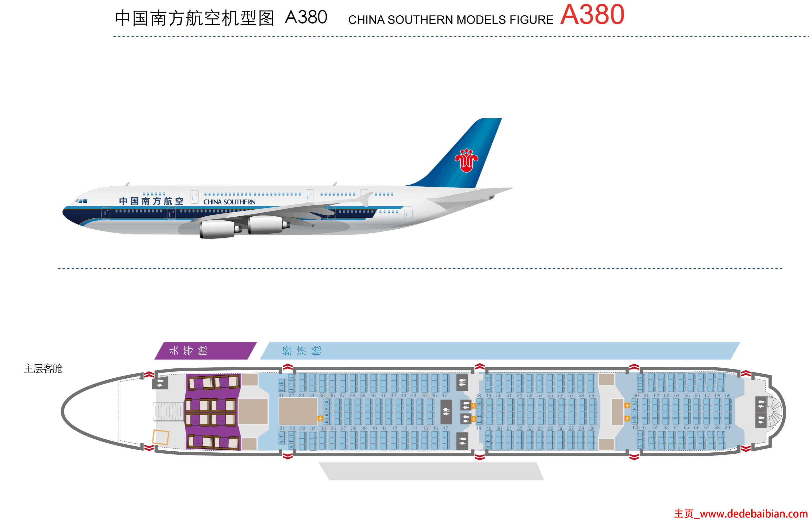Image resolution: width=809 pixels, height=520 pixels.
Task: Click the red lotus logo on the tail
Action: (466, 160)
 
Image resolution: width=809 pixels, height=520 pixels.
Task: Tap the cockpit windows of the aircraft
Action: (81, 201)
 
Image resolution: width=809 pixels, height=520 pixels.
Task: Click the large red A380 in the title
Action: (592, 15)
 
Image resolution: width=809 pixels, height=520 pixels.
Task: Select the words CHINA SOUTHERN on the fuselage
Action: (229, 202)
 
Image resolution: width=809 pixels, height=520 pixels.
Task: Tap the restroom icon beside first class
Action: (160, 383)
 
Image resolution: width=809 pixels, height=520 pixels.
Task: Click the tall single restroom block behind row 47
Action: (446, 412)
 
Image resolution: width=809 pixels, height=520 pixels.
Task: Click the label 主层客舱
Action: (43, 368)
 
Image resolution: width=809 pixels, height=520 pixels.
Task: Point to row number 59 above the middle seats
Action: (591, 395)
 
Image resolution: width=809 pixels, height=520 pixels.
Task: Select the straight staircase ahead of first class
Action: (168, 412)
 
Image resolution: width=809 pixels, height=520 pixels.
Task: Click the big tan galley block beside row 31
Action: (298, 411)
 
